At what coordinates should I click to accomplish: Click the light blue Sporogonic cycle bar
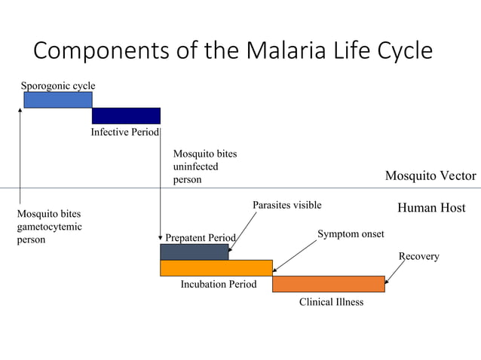(x=58, y=99)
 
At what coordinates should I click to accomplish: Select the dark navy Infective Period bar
(x=126, y=115)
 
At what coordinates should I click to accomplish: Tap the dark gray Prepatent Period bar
(x=194, y=252)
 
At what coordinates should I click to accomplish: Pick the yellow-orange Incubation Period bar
(x=216, y=267)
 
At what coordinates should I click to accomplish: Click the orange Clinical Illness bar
(x=328, y=284)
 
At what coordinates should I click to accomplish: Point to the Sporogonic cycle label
(x=58, y=85)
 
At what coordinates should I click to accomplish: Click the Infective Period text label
(x=124, y=133)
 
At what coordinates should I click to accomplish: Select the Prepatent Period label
(x=201, y=238)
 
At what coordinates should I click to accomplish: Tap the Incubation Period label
(x=219, y=285)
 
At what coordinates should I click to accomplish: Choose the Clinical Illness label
(x=331, y=302)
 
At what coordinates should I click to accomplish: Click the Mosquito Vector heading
(x=430, y=176)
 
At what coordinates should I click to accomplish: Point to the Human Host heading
(x=431, y=208)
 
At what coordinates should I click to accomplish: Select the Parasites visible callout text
(x=286, y=205)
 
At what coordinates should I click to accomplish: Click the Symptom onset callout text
(x=351, y=234)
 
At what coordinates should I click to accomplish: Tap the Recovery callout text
(x=418, y=257)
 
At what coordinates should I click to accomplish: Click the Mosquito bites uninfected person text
(x=204, y=166)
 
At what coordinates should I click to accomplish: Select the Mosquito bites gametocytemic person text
(x=49, y=227)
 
